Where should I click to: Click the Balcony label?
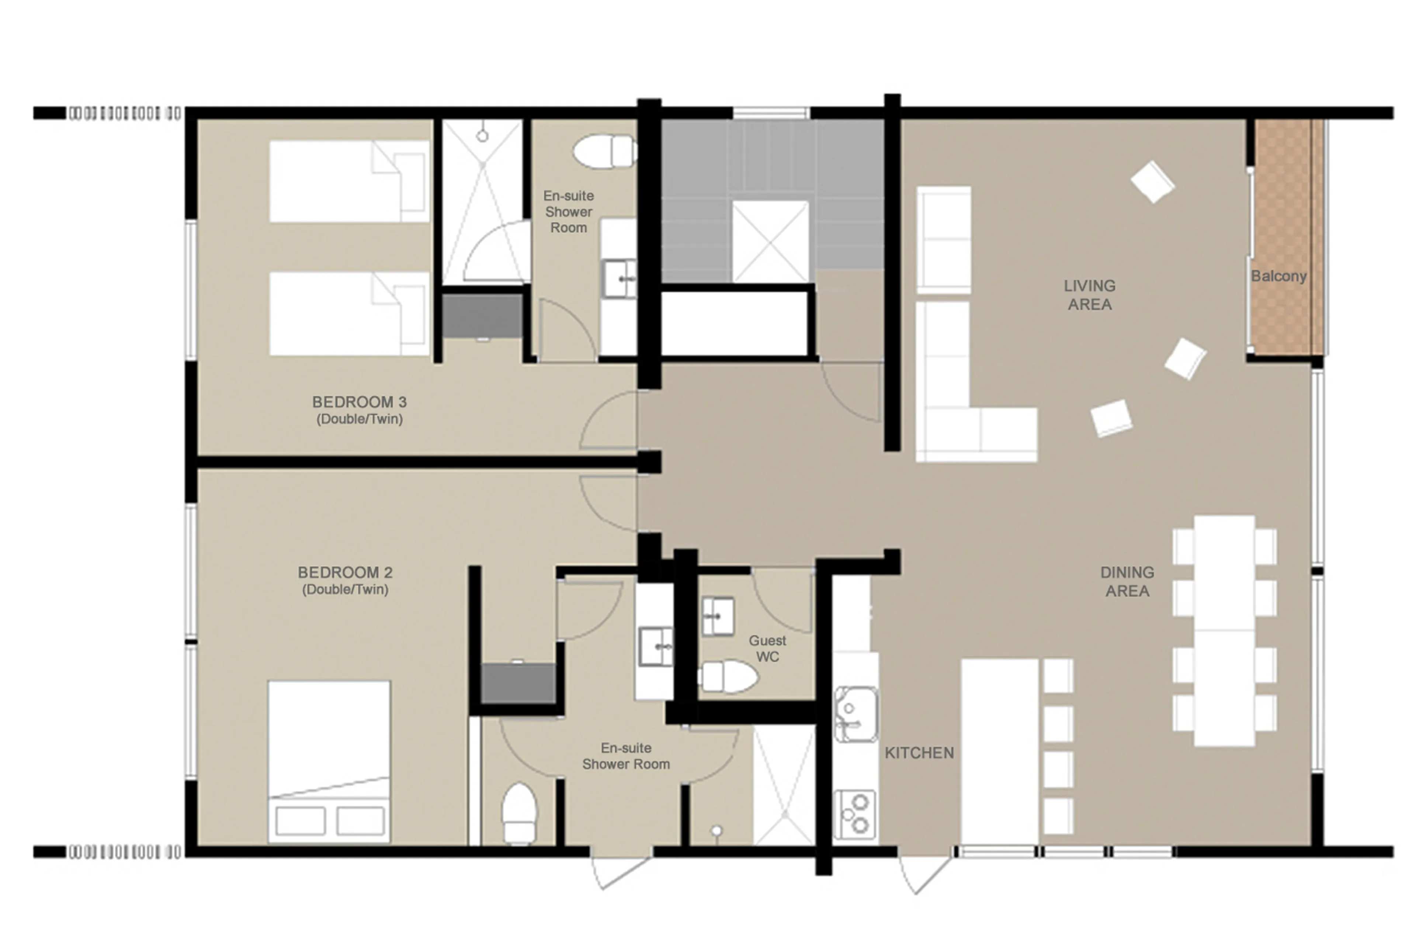pos(1278,276)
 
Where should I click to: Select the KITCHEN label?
pos(918,753)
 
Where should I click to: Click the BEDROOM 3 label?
pos(359,402)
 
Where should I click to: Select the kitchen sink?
pos(854,715)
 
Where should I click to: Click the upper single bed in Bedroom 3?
pos(349,181)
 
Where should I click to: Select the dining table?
pos(1224,630)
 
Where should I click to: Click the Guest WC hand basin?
pos(718,616)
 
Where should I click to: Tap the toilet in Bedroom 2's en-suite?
pos(519,812)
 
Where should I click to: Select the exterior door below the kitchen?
pos(924,870)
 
